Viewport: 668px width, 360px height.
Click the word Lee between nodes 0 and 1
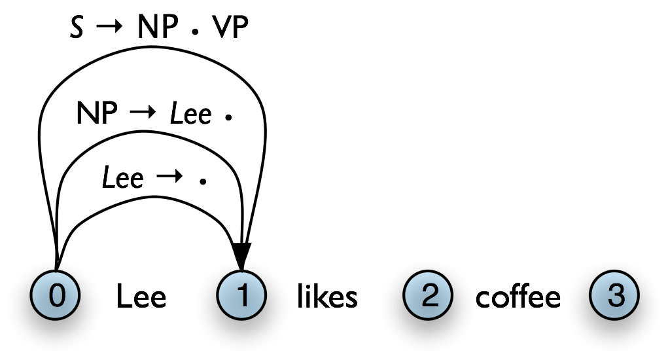point(141,297)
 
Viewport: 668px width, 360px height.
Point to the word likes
point(327,297)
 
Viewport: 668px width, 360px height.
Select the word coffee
point(518,297)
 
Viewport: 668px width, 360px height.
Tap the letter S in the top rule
point(77,29)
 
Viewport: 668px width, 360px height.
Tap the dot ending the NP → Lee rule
point(228,118)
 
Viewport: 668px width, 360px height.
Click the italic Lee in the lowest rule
point(123,177)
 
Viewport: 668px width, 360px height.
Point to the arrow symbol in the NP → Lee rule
point(143,115)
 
